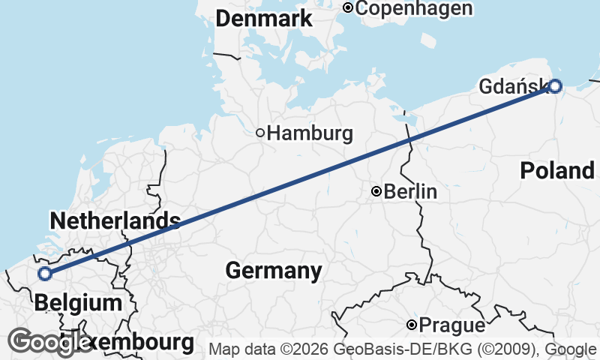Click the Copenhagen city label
point(414,8)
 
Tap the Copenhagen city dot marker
point(348,7)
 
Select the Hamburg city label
point(310,134)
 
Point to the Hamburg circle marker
point(260,133)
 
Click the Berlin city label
point(410,192)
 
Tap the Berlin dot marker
point(376,192)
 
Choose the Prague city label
point(452,326)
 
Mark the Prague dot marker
point(412,325)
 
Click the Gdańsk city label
point(512,88)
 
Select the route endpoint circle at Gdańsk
point(554,85)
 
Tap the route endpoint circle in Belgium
point(45,273)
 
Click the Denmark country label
point(263,20)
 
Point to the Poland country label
point(557,171)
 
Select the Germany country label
point(273,270)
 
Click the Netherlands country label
point(114,221)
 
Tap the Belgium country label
point(78,303)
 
